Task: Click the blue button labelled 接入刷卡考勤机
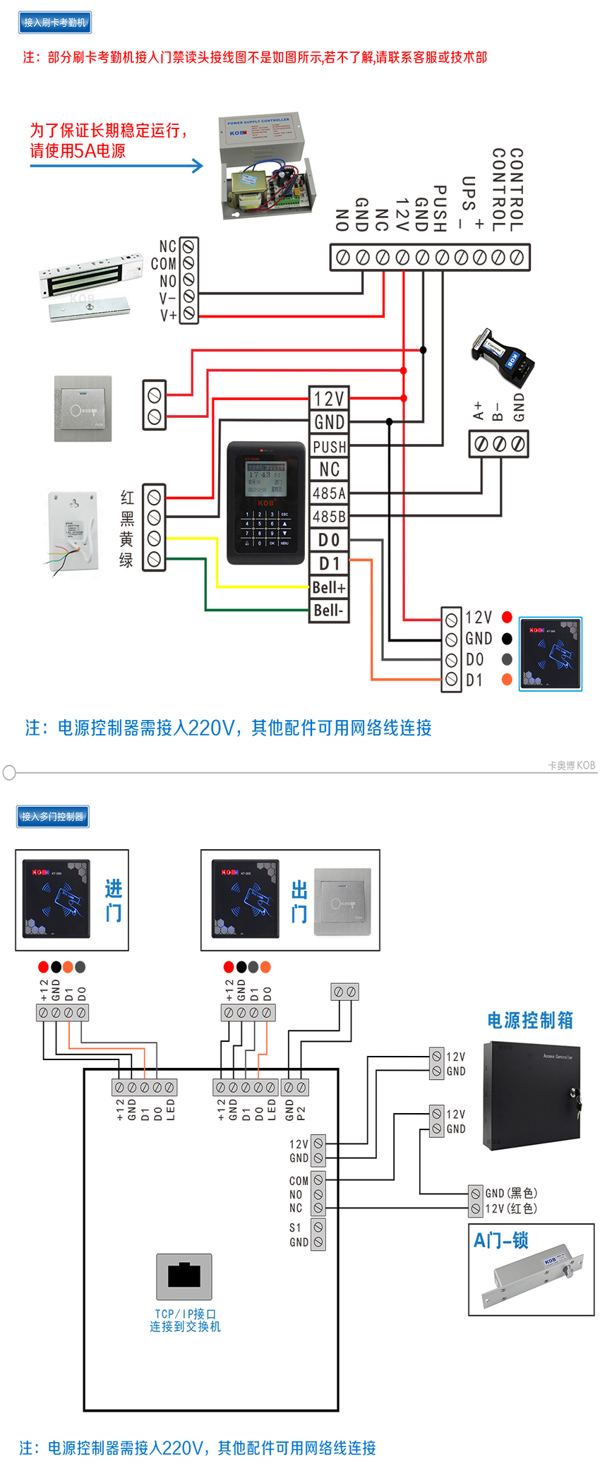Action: click(54, 23)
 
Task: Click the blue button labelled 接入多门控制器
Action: click(53, 817)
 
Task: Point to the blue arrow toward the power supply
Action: click(116, 166)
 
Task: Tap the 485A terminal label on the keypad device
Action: click(329, 493)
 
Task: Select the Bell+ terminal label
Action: click(329, 587)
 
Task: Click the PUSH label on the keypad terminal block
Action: click(329, 447)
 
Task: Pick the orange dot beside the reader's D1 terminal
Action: click(507, 680)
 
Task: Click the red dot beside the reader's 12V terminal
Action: click(507, 617)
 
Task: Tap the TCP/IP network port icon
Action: click(184, 1276)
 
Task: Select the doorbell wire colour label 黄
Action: click(126, 539)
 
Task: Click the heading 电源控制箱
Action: click(530, 1020)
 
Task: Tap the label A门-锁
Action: click(501, 1240)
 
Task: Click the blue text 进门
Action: click(113, 901)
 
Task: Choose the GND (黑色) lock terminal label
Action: click(511, 1193)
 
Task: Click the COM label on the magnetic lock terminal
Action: click(164, 263)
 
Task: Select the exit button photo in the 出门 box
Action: click(342, 901)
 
